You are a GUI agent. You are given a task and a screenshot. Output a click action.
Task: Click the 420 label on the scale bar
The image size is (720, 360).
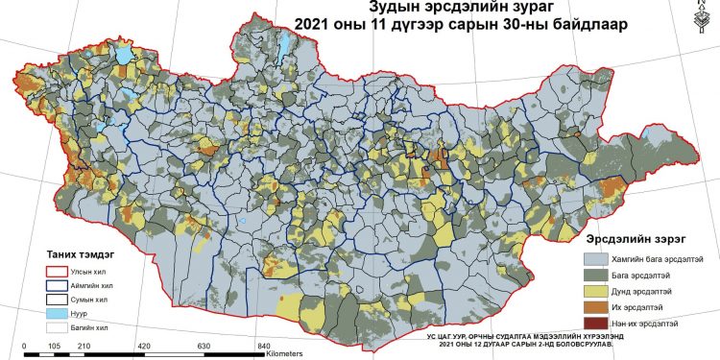tap(143, 347)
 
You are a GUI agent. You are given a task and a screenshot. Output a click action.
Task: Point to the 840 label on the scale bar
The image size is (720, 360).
tap(263, 347)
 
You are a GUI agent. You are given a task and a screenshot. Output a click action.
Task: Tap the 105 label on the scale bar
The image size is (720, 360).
tap(53, 347)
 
